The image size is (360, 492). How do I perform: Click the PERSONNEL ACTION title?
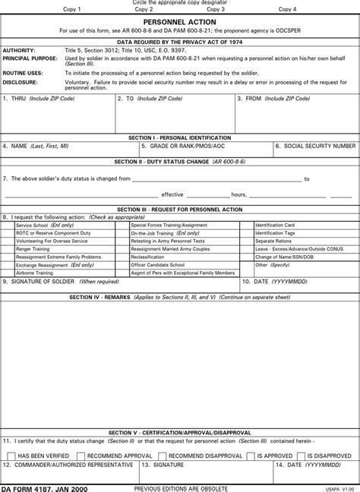coord(180,23)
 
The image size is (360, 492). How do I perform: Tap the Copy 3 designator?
coord(216,10)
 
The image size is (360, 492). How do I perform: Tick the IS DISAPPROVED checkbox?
coord(302,456)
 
